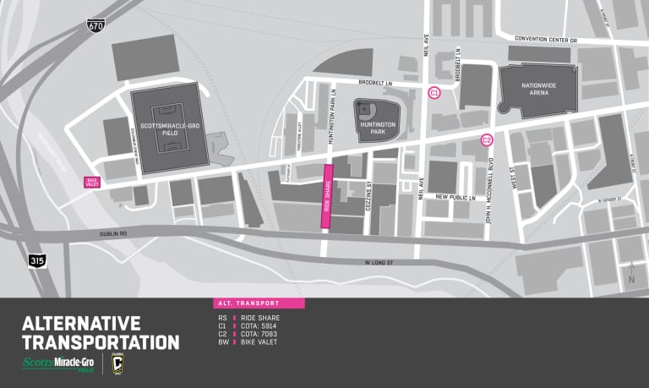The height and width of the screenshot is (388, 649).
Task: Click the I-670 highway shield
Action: (x=95, y=27)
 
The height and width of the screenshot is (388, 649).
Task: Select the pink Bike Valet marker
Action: (x=92, y=182)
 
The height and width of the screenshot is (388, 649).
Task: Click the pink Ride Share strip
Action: (x=325, y=196)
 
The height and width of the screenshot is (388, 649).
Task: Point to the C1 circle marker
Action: (x=434, y=92)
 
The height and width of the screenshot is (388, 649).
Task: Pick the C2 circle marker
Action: (x=487, y=140)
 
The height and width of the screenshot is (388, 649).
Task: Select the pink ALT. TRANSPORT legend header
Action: (x=258, y=303)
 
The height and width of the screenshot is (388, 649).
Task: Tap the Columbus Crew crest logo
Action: (x=117, y=364)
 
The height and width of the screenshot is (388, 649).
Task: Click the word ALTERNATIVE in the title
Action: (x=80, y=323)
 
